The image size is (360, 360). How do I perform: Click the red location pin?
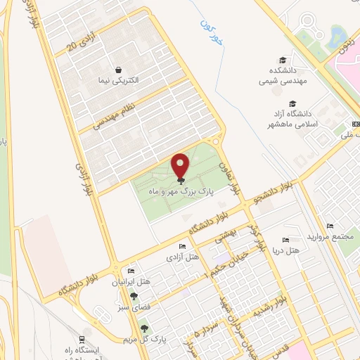point(181,166)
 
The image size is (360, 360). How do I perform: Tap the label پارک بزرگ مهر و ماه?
point(181,191)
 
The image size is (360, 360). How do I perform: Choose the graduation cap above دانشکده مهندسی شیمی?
point(283,60)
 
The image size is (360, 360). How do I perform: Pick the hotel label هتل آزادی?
point(181,257)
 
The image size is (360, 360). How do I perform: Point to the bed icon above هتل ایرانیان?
point(131,272)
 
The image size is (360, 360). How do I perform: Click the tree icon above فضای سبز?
point(134,297)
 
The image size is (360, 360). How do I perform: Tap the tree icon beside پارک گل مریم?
point(146,328)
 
